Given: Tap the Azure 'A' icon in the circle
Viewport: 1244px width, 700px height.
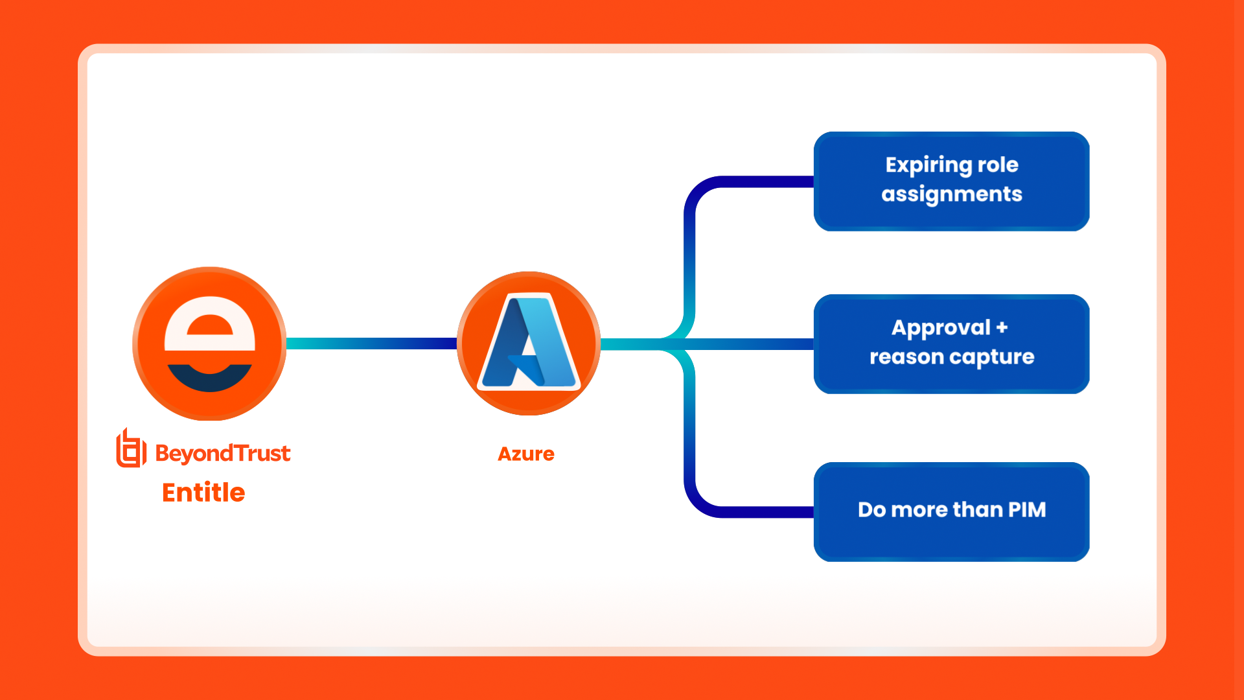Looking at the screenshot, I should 529,343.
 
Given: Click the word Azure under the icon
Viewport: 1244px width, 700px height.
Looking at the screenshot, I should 525,454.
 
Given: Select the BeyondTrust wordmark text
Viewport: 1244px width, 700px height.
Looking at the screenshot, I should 222,453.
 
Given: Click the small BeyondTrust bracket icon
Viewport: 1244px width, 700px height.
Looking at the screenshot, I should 130,449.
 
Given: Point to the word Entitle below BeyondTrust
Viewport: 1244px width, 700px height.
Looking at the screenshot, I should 203,493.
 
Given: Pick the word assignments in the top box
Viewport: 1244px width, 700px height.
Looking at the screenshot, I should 951,194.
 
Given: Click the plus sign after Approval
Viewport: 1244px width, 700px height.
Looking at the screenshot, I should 1002,327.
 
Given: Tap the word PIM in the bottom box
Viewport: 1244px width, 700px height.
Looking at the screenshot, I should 1027,509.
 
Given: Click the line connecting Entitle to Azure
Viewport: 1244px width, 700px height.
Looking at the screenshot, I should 371,344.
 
